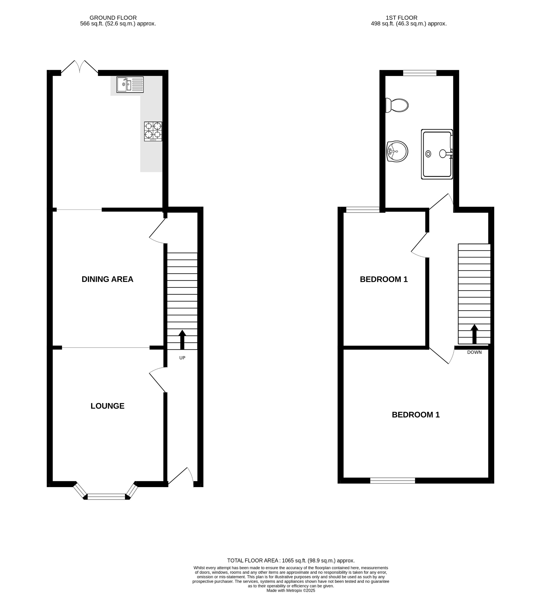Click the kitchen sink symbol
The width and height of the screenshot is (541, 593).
[130, 85]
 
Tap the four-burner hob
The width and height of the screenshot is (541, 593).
[153, 131]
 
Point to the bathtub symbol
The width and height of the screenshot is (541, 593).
[437, 154]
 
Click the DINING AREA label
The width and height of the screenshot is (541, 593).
[107, 279]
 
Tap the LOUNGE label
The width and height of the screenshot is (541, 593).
[107, 406]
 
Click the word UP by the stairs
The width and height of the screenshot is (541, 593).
[182, 358]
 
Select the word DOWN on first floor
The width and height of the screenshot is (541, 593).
[474, 352]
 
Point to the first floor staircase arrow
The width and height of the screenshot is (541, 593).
[474, 334]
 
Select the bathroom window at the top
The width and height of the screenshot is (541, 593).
[420, 73]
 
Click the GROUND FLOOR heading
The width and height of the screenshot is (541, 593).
[113, 18]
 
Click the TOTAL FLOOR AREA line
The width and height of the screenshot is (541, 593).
[291, 561]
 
